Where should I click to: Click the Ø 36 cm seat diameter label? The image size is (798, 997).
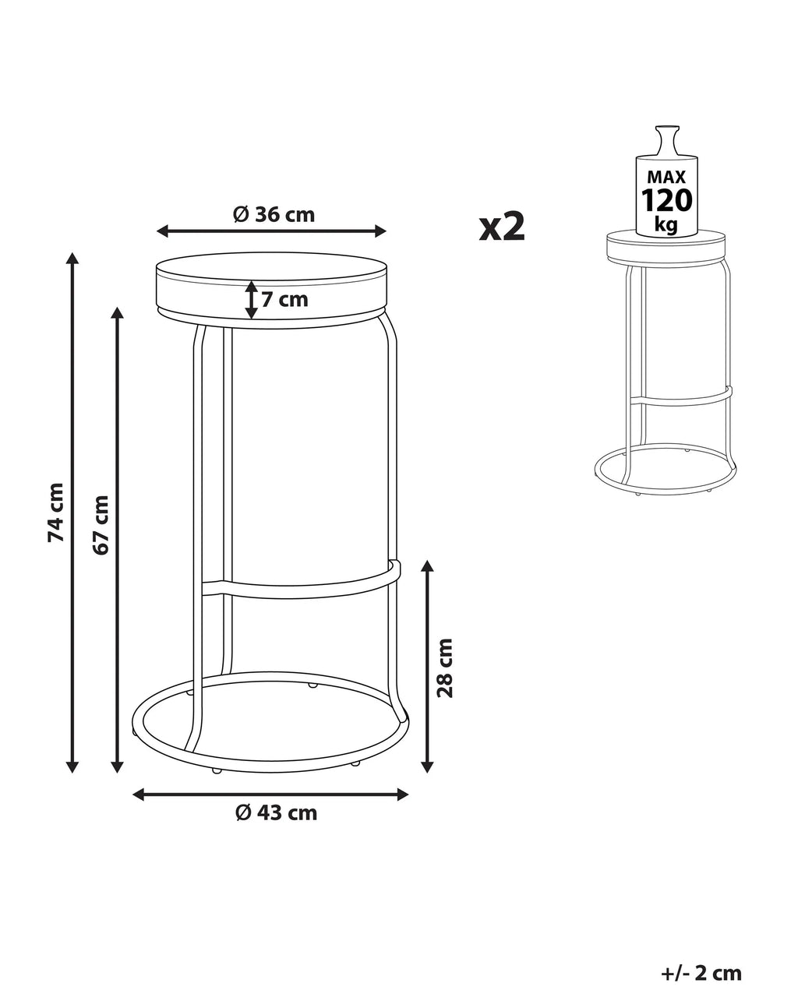coord(274,214)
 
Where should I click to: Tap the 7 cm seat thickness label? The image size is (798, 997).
coord(284,300)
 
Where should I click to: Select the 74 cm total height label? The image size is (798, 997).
coord(55,513)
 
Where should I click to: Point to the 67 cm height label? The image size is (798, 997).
coord(101,525)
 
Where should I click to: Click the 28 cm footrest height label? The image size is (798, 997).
coord(445,668)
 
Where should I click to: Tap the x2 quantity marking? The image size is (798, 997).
coord(502,227)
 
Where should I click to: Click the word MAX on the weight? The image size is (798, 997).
coord(666,177)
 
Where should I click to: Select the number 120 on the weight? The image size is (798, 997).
coord(666,200)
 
